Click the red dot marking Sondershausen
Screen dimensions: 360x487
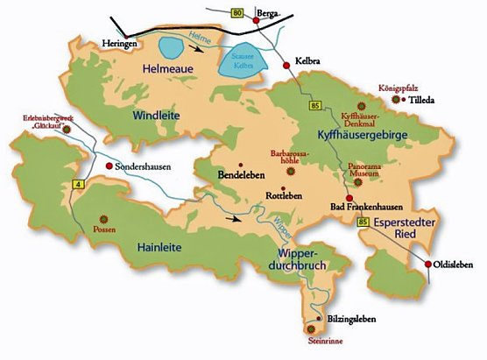coord(109,166)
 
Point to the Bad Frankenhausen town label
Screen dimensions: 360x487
coord(366,207)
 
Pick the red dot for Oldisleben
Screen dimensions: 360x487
coord(427,265)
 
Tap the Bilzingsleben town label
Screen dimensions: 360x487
coord(355,321)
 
